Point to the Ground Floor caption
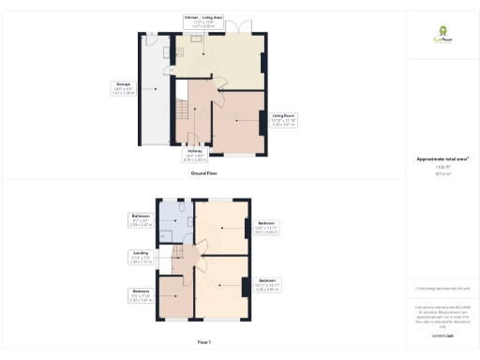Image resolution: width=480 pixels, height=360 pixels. [203, 173]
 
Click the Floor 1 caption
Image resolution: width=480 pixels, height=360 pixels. [203, 341]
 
